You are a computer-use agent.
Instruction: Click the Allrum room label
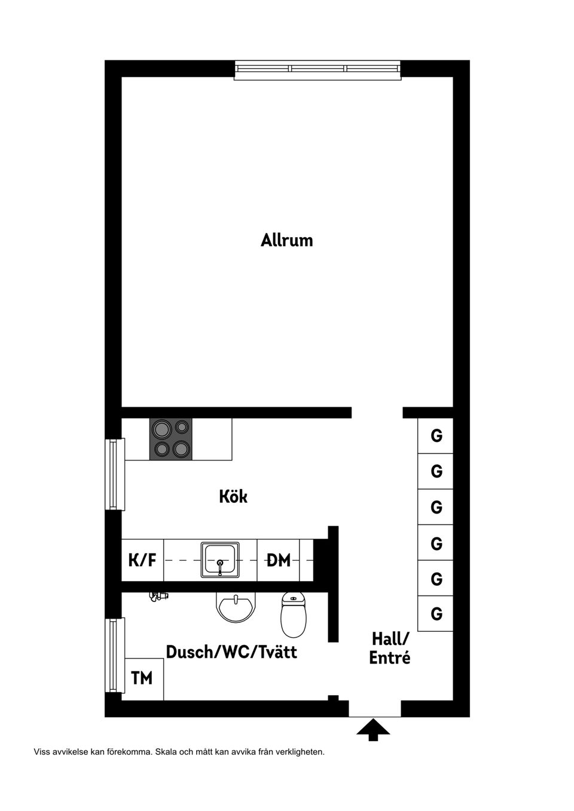286,241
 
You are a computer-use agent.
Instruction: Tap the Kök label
233,496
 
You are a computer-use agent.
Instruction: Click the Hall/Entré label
390,649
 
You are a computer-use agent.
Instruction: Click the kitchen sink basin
220,560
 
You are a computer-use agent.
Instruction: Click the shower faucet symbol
158,596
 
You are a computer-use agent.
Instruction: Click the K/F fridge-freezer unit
142,560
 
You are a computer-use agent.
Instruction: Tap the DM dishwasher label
279,560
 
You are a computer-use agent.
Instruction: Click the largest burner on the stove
161,429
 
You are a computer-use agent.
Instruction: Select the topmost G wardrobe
435,435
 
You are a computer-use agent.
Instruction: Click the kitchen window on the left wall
115,474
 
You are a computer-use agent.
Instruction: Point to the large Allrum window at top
317,69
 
